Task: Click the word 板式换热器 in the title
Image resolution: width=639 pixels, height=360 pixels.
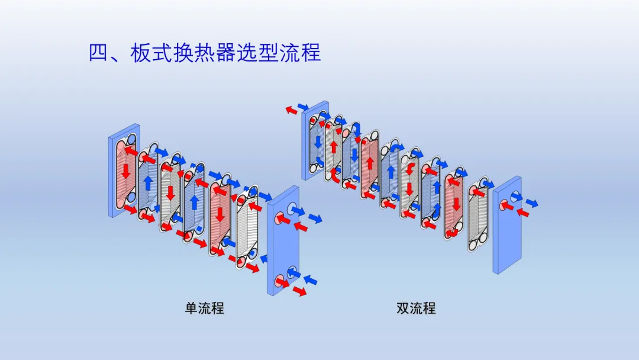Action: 195,53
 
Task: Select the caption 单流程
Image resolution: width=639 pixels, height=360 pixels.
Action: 205,308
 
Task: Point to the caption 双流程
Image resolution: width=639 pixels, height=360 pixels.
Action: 416,308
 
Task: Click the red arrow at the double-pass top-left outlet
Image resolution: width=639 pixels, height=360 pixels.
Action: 291,110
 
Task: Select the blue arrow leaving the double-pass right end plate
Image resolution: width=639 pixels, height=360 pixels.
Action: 532,202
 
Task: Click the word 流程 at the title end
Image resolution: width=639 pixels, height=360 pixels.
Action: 301,53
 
